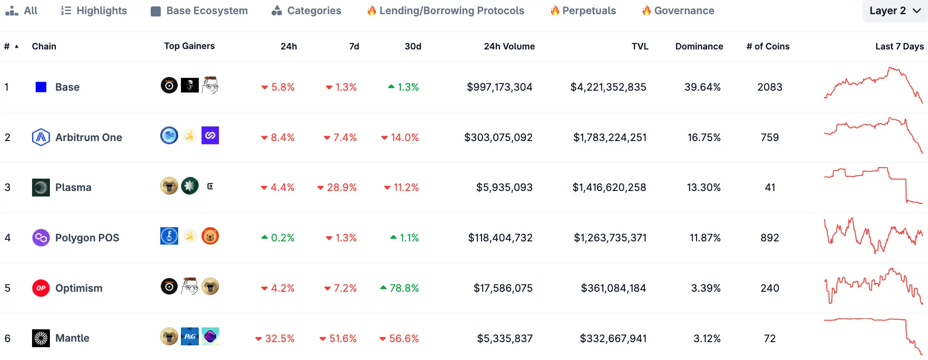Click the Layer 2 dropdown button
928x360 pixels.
click(x=895, y=11)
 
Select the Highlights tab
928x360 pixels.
click(x=94, y=11)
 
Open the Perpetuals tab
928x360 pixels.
click(x=583, y=11)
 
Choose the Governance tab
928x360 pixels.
click(x=678, y=11)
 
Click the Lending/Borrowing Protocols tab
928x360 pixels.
click(x=446, y=11)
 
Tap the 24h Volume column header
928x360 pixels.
click(x=509, y=46)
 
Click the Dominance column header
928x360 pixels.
click(x=699, y=46)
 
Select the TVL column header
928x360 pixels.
click(x=639, y=46)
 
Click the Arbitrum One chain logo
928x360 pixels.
click(x=41, y=137)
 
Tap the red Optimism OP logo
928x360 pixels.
click(x=41, y=288)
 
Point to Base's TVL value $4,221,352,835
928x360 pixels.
click(x=608, y=87)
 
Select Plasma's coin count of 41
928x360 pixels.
click(x=770, y=187)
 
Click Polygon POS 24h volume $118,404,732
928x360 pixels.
click(x=500, y=238)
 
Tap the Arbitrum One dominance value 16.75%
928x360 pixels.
click(x=704, y=137)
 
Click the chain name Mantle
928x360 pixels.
click(x=72, y=338)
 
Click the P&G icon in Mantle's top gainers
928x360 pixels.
click(x=190, y=337)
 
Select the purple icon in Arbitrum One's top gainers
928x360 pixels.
click(x=210, y=136)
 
